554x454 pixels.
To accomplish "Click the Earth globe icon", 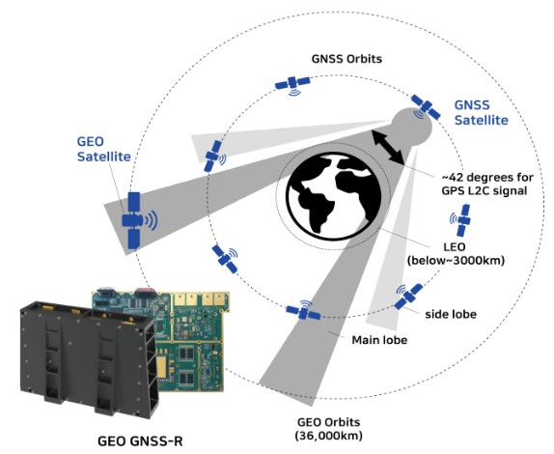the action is coord(334,197).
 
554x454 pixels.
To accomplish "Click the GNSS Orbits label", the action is coord(346,59).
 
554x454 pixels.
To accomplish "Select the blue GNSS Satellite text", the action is coord(481,112).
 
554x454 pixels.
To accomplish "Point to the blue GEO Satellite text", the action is coord(104,149).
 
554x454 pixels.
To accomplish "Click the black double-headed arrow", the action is coord(387,147).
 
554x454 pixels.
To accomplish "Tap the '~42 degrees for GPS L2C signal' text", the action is coord(487,184).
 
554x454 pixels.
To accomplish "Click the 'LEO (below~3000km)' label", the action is coord(456,254).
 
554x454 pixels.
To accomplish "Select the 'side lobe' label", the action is coord(451,314).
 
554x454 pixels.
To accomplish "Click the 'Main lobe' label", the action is coord(379,340).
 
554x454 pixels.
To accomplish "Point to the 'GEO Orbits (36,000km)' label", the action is coord(328,429).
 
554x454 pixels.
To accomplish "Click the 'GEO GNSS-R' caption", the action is coord(140,441).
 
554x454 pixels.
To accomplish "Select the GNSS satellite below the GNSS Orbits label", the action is coord(292,85).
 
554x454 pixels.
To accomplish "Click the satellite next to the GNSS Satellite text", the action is coord(425,107).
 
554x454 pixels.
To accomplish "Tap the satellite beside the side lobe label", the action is coord(408,296).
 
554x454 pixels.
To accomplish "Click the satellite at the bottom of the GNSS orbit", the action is coord(303,311).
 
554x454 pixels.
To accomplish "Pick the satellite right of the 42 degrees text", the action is coord(460,220).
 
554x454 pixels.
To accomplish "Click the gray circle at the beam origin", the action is coord(412,126).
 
